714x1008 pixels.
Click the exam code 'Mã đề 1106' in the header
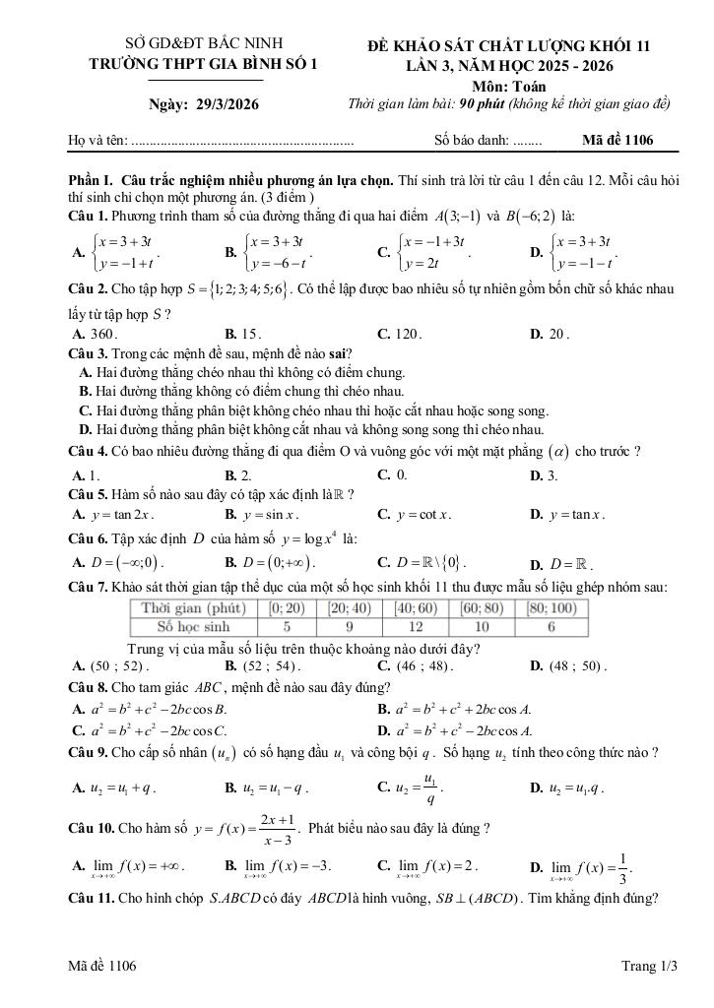(x=617, y=141)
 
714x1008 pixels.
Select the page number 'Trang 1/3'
(x=650, y=967)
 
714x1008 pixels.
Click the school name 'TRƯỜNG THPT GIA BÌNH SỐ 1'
(x=204, y=64)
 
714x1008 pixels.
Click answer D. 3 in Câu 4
(x=544, y=475)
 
